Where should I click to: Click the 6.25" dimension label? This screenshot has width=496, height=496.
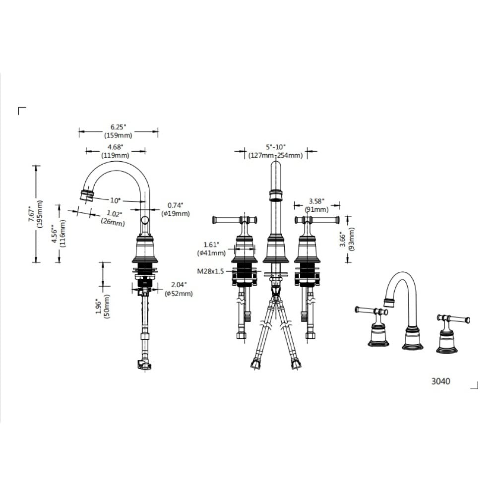118,127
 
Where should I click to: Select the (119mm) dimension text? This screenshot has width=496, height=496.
115,155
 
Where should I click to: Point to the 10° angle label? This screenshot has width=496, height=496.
116,200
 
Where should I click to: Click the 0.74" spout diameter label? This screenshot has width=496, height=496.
175,205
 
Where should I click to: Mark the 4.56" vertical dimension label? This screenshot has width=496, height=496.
55,234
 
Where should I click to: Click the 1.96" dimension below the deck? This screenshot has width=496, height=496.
99,308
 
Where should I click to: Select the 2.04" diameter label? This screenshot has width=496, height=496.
179,284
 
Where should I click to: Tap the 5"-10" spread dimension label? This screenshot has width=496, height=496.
275,147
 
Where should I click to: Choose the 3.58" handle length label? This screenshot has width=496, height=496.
316,201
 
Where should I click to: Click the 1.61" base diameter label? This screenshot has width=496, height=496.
211,245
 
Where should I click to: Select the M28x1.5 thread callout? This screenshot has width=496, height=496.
210,271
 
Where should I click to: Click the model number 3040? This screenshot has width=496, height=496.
440,381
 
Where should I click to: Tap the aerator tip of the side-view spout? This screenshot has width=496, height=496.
87,195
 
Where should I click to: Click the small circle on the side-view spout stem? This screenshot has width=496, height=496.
145,220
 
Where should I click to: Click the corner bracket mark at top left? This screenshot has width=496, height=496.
19,108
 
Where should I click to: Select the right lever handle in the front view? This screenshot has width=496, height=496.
317,219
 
